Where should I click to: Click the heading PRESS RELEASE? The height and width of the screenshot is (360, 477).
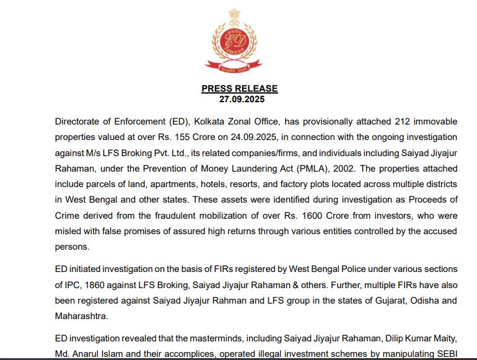coord(239,89)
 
